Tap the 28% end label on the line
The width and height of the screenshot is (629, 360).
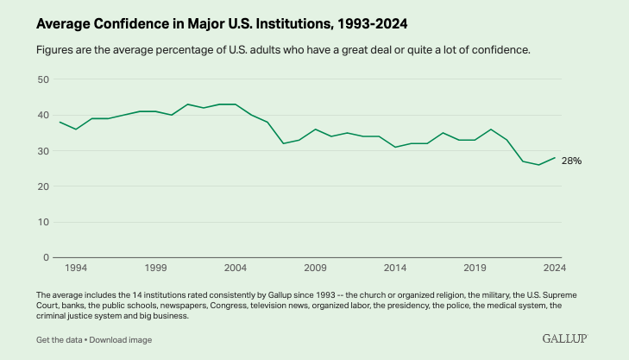point(572,161)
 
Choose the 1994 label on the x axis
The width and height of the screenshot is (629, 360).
point(76,268)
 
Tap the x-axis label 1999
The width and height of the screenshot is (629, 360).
point(156,268)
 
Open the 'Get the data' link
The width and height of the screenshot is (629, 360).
point(60,339)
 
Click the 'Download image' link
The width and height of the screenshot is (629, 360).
point(116,339)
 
